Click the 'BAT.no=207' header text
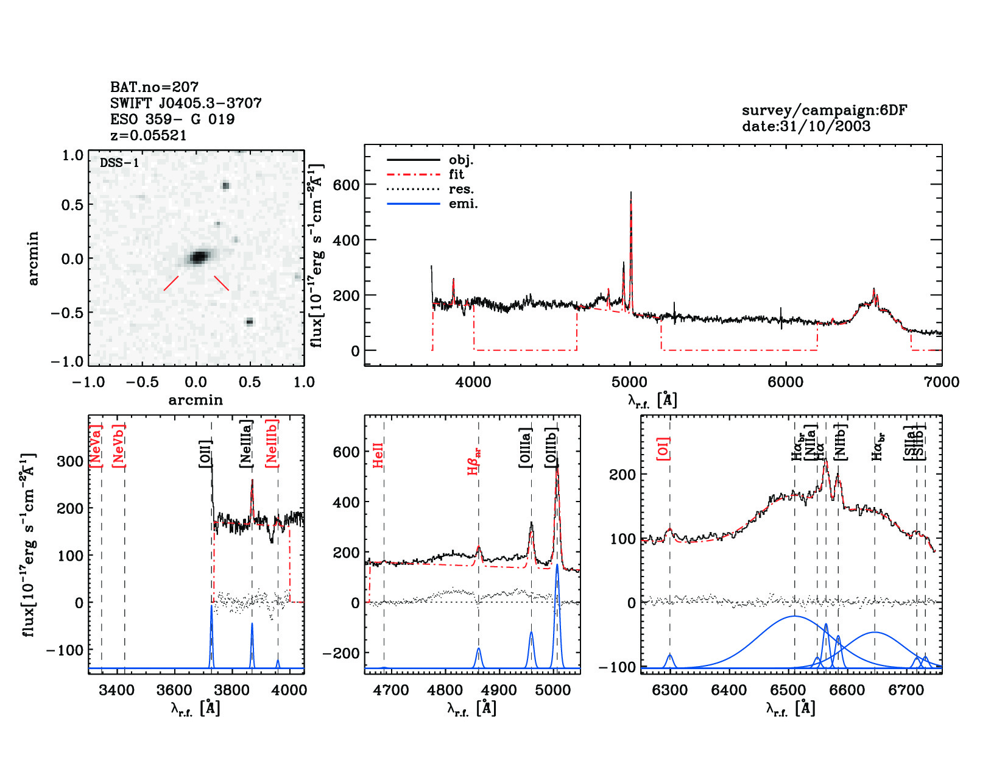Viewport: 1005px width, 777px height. [x=154, y=87]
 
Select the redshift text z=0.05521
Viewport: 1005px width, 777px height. [x=148, y=135]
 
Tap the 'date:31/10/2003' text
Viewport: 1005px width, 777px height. [x=806, y=127]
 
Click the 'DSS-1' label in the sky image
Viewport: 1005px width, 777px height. [x=119, y=163]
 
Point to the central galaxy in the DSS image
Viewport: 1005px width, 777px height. [x=198, y=257]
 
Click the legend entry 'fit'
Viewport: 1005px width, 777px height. [x=456, y=174]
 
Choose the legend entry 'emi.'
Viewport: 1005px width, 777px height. [x=463, y=204]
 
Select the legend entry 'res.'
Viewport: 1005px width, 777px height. [x=461, y=190]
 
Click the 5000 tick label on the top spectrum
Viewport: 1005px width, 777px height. [x=629, y=382]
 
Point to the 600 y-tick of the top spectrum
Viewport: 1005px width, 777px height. [x=346, y=185]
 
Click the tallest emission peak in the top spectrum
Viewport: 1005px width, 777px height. [x=630, y=194]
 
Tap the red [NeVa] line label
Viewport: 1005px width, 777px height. [x=96, y=445]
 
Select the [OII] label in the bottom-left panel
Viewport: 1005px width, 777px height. [x=205, y=453]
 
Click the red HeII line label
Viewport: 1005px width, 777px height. [x=378, y=455]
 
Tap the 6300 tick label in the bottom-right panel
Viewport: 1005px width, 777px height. [x=670, y=690]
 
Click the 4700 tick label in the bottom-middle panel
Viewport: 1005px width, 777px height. [x=391, y=690]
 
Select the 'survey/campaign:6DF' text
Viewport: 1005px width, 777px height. [x=824, y=111]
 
